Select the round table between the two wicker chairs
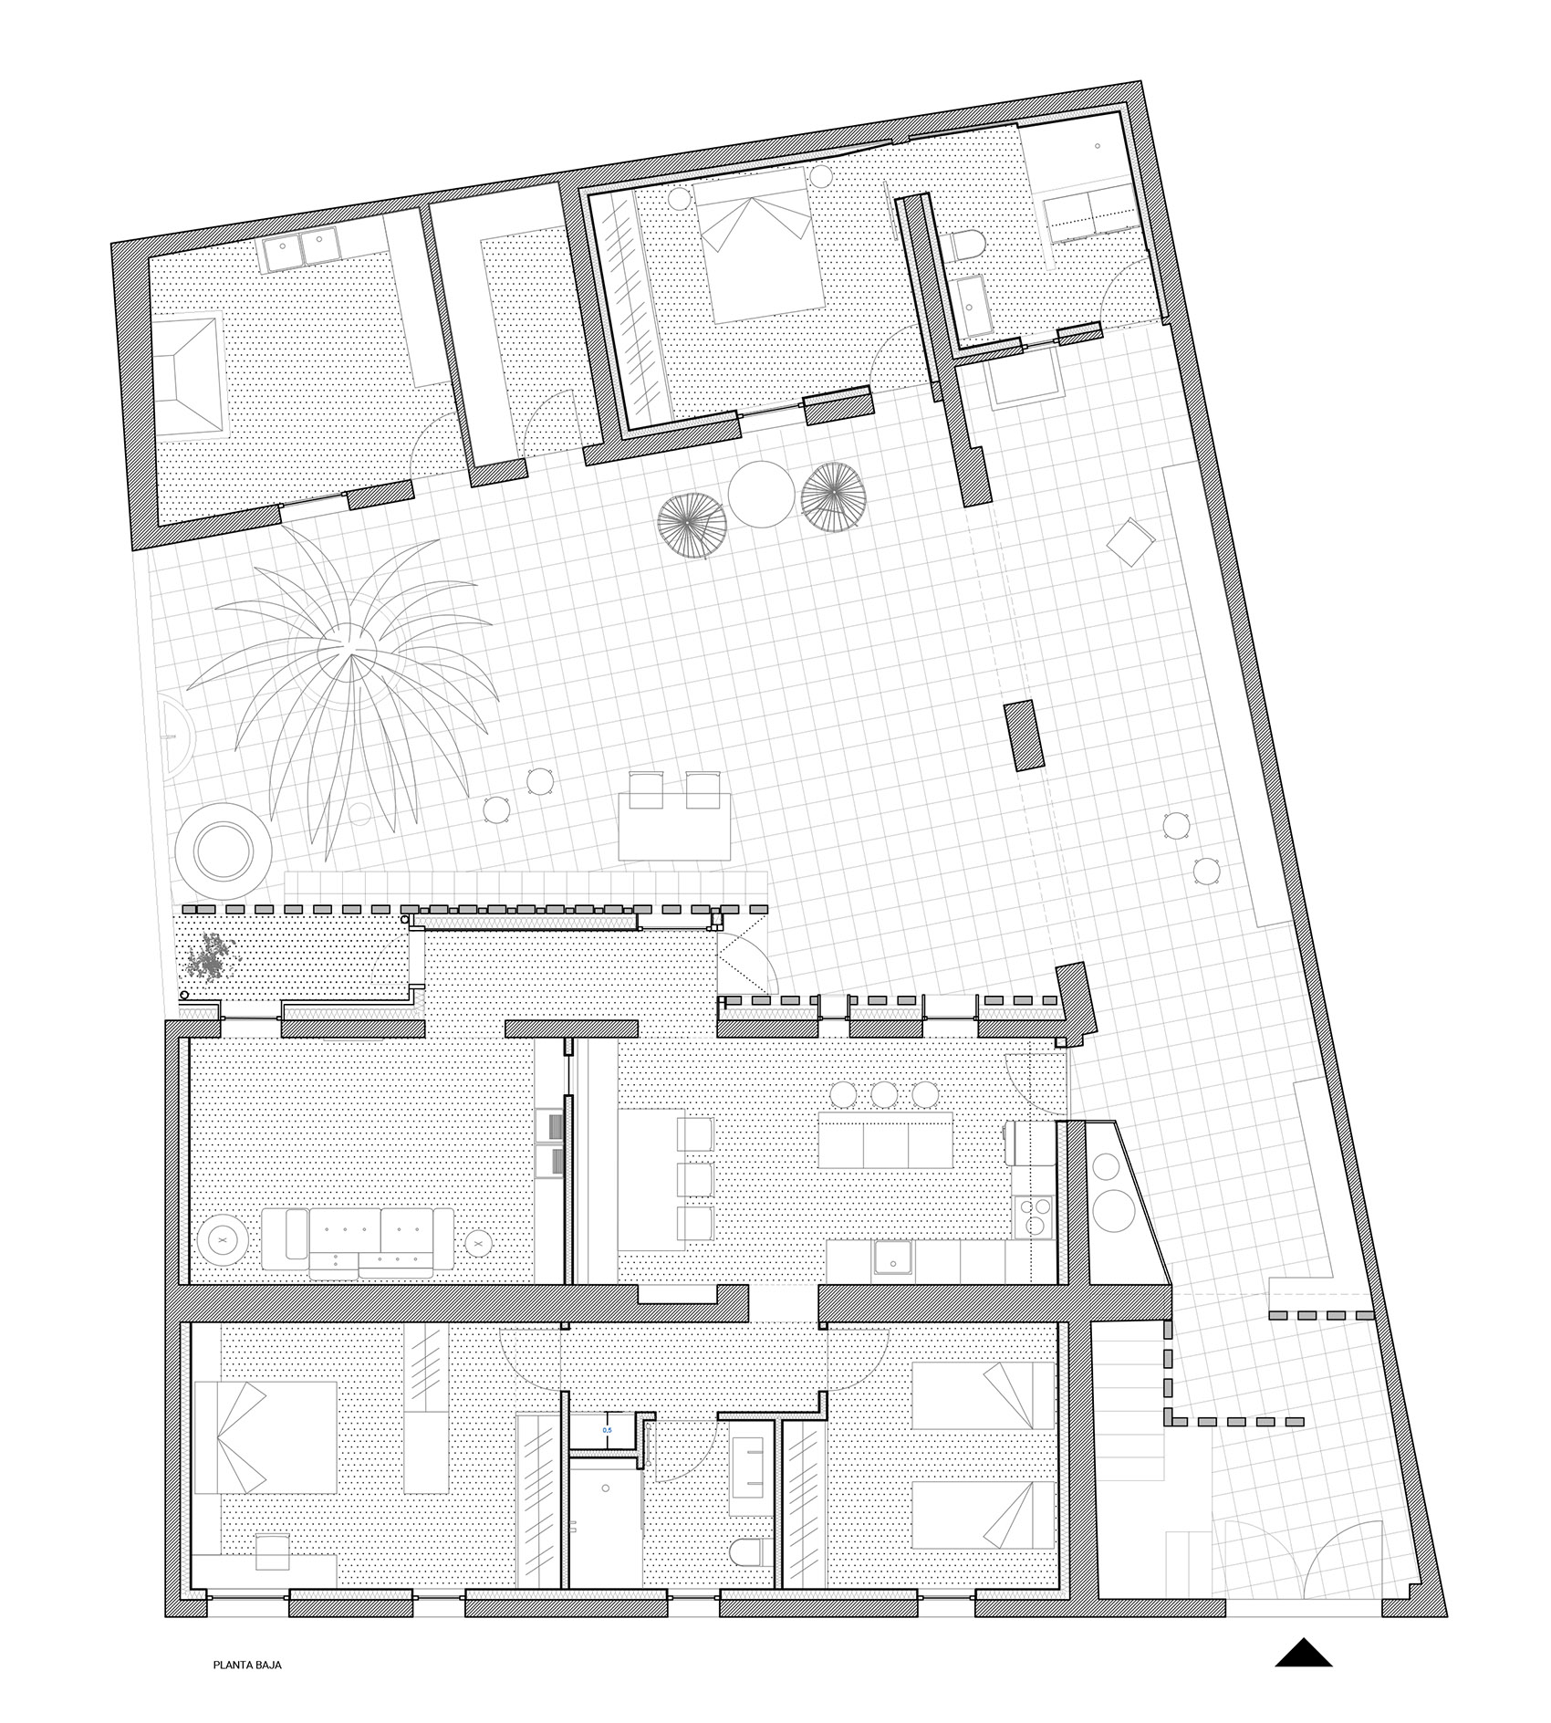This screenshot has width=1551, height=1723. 764,493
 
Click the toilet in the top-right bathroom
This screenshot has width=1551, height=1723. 967,246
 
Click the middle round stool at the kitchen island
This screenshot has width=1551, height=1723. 883,1093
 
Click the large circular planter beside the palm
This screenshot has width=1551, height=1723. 223,847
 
